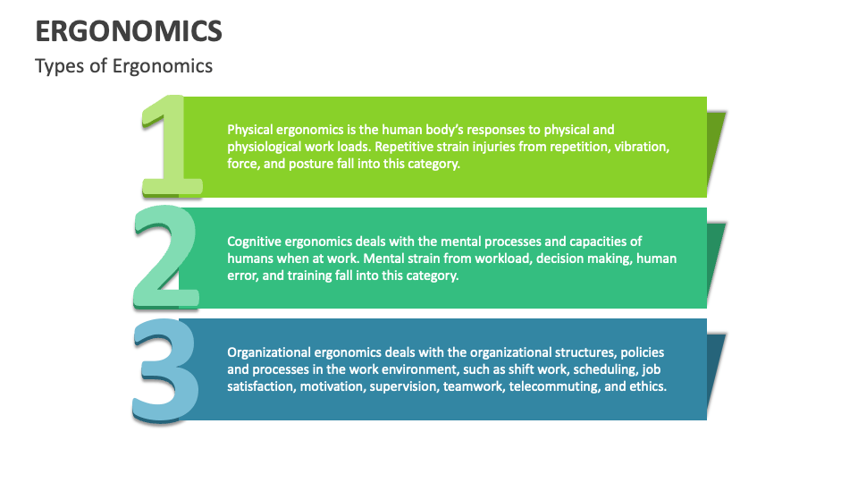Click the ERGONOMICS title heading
point(129,31)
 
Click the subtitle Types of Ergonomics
point(123,66)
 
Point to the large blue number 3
point(166,368)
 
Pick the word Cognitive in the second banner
point(257,241)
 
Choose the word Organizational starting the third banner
point(269,352)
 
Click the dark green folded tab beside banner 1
point(715,148)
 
